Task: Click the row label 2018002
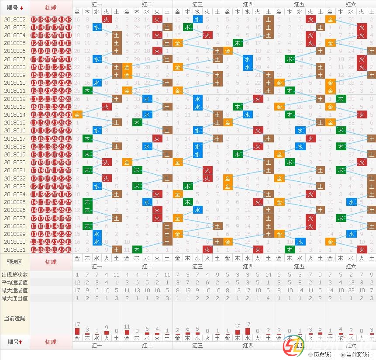[x=15, y=19]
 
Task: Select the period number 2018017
[x=15, y=138]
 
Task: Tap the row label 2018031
[x=15, y=249]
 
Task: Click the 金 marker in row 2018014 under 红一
[x=77, y=114]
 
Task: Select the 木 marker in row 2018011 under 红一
[x=87, y=90]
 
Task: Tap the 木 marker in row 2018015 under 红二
[x=138, y=122]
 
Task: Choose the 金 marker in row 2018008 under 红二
[x=127, y=67]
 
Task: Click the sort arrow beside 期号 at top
[x=22, y=8]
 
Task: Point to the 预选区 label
[x=15, y=262]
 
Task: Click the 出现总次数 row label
[x=15, y=275]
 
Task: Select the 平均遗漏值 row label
[x=15, y=283]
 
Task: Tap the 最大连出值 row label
[x=15, y=298]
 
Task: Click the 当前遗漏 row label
[x=15, y=318]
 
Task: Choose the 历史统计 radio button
[x=310, y=355]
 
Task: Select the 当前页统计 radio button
[x=343, y=355]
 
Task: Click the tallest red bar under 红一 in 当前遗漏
[x=77, y=331]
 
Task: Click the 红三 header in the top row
[x=198, y=4]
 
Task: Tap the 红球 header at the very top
[x=51, y=8]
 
